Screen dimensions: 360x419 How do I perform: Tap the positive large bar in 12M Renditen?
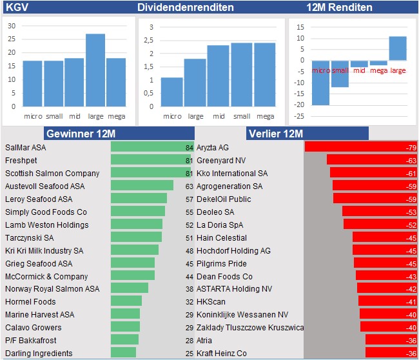tap(398, 48)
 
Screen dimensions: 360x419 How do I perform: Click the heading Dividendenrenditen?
tap(185, 8)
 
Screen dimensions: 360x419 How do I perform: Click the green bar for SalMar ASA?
tap(147, 147)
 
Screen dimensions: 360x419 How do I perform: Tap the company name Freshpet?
tap(21, 160)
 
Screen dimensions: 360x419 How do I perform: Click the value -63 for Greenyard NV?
tap(411, 160)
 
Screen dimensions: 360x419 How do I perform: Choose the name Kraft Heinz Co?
tap(222, 354)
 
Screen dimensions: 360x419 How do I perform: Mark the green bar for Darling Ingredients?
tap(123, 354)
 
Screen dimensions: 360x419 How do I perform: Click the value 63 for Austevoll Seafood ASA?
tap(189, 186)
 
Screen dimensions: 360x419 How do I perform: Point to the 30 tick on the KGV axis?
tap(12, 26)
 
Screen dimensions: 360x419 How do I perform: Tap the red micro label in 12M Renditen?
tap(320, 70)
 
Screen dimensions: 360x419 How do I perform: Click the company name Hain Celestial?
tap(222, 237)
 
